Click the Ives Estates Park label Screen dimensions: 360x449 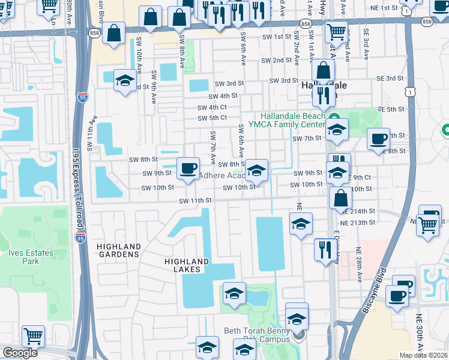coord(24,257)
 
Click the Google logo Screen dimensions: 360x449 coord(19,353)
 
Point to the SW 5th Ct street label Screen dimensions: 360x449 coord(212,118)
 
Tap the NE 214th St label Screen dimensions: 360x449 coord(359,212)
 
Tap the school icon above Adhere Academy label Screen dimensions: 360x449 coord(256,170)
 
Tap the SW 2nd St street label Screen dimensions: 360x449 coord(276,61)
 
